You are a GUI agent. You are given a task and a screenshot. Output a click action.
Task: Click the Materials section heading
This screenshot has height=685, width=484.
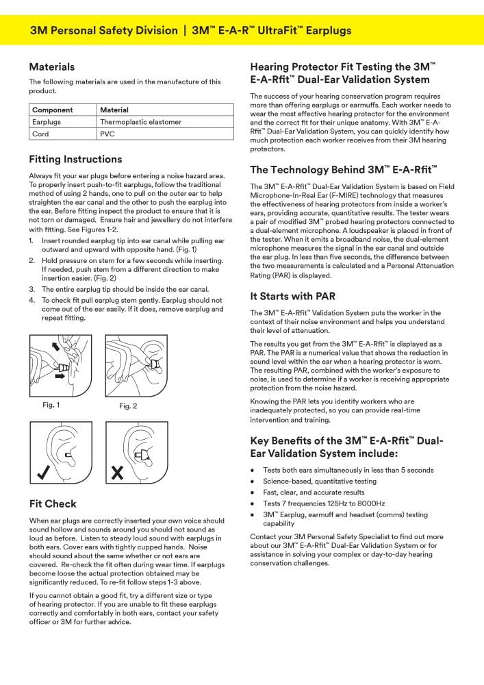point(52,67)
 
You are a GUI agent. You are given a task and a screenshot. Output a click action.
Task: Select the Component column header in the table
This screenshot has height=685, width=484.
point(53,110)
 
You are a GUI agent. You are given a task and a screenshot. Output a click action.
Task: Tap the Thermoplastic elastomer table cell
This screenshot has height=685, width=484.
point(140,122)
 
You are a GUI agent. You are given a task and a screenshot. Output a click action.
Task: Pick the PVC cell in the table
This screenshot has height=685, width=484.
point(107,134)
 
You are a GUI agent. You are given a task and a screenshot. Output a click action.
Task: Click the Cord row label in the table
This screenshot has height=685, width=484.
point(40,134)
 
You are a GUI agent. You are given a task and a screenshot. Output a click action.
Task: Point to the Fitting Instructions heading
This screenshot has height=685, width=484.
point(75,160)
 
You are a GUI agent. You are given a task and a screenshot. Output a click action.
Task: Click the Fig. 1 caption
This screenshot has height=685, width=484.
point(51,405)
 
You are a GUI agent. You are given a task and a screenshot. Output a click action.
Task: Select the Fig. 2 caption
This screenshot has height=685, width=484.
point(128,406)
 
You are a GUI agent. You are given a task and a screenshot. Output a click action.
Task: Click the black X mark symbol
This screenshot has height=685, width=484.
point(118,472)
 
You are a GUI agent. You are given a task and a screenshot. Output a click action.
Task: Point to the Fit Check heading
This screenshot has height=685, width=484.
point(53,504)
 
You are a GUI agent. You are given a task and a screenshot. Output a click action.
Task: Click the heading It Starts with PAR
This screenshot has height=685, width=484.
point(292,297)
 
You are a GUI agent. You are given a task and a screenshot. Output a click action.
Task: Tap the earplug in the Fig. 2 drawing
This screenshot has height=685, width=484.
point(155,364)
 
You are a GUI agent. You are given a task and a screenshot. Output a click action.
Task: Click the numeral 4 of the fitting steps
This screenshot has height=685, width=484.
point(31,300)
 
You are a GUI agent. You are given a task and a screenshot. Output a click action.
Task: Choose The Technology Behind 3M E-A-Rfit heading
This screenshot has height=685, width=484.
point(344,170)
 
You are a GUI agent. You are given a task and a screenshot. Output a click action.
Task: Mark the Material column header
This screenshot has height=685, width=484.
point(114,110)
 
